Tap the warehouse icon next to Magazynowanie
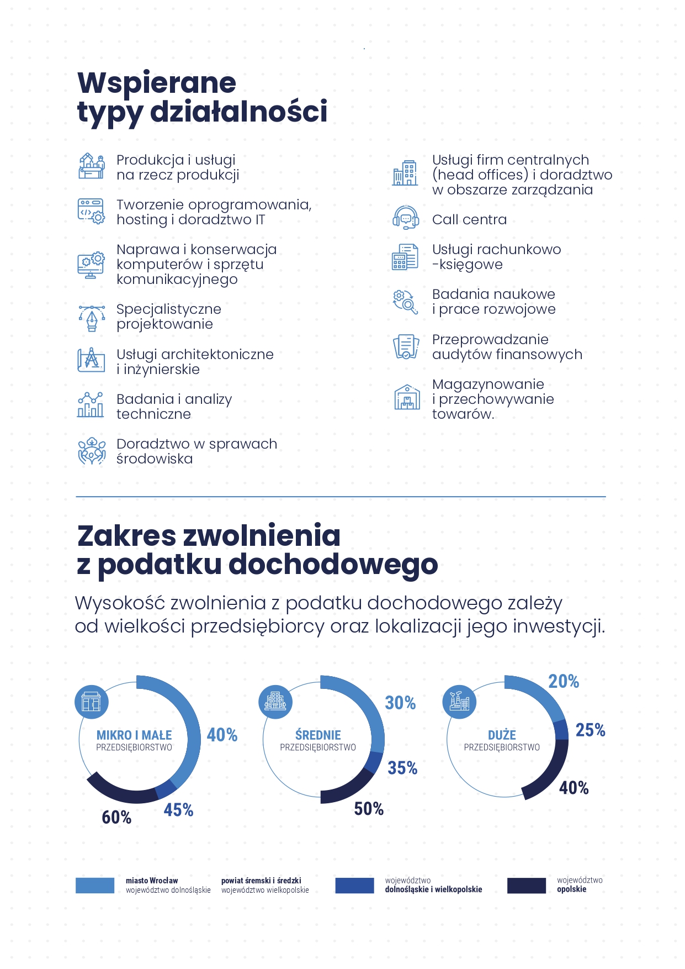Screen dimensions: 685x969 coord(407,397)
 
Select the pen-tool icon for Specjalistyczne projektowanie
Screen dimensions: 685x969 coord(92,318)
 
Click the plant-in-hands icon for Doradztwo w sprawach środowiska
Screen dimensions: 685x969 coord(92,451)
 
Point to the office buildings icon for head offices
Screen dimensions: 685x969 coord(405,173)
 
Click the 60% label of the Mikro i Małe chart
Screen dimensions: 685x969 coord(116,817)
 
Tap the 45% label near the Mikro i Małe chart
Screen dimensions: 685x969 coord(178,810)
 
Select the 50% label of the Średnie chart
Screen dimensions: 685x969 coord(369,809)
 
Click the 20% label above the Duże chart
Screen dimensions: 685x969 coord(564,681)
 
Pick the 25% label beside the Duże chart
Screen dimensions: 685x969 coord(591,730)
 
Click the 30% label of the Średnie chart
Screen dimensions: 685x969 coord(400,703)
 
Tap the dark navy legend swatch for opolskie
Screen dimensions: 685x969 coord(527,885)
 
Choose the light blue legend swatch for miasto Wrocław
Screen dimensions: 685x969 coord(95,885)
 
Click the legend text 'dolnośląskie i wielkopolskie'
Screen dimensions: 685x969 coord(434,889)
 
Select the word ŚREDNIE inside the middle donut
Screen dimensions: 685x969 coord(318,735)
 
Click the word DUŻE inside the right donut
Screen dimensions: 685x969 coord(502,735)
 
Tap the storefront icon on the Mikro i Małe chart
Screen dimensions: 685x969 coord(92,702)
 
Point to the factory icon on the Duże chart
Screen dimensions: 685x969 coord(459,702)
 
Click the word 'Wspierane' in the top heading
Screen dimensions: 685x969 coord(157,83)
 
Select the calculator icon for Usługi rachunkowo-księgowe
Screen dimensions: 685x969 coord(406,257)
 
